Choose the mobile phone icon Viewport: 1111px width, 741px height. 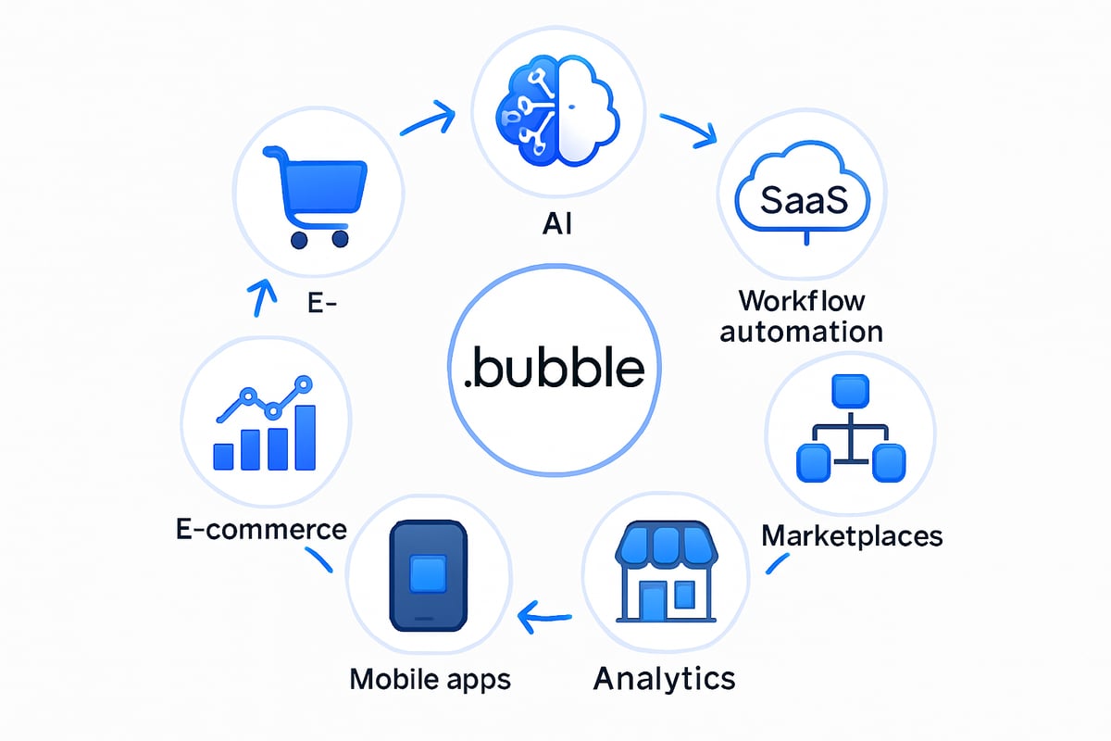click(427, 576)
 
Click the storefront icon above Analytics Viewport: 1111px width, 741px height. click(667, 573)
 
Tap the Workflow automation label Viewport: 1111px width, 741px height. click(802, 315)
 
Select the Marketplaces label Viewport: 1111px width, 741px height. click(852, 534)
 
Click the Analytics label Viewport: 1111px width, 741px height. click(664, 677)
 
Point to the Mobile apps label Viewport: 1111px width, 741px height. click(430, 679)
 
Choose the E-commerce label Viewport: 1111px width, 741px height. click(261, 529)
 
